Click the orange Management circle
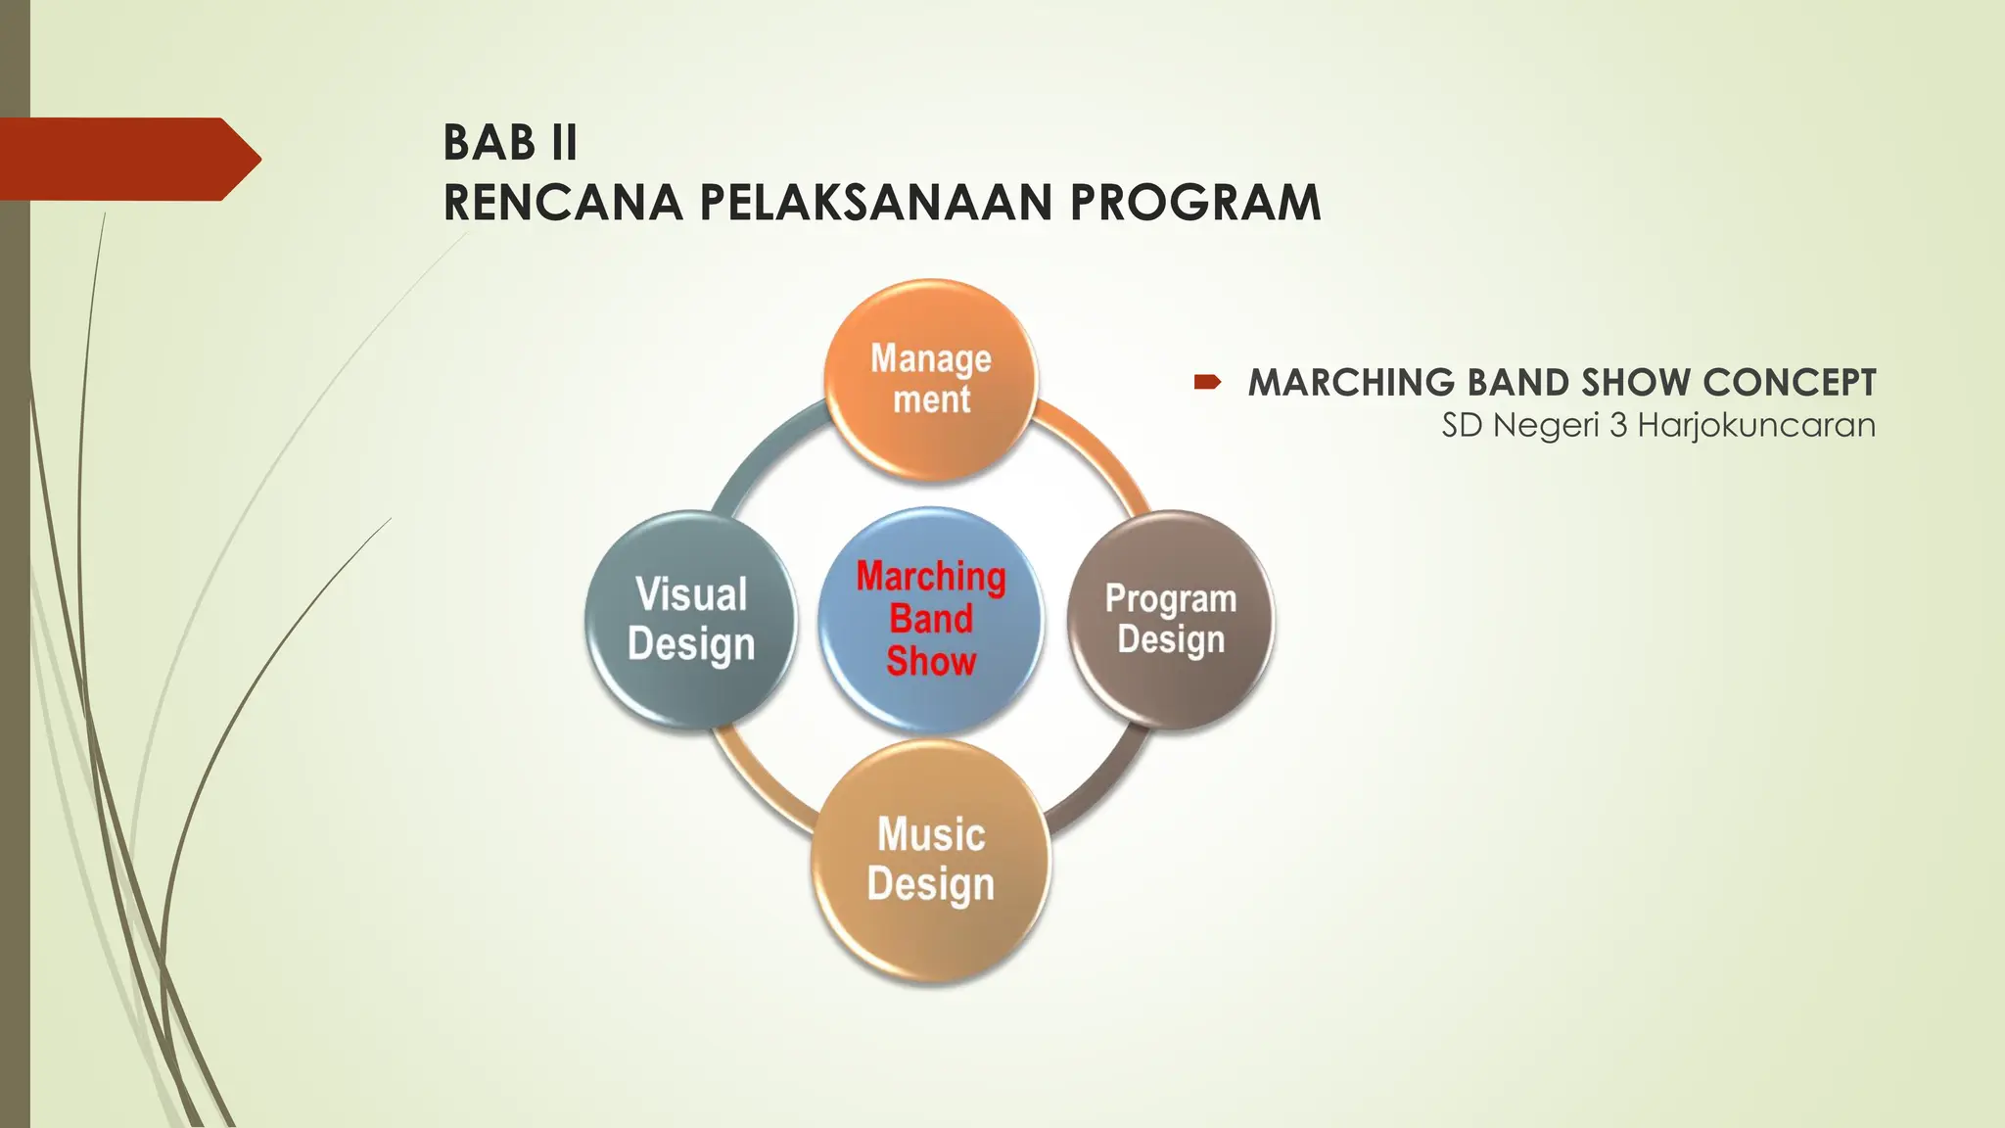point(931,380)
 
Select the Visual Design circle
point(691,619)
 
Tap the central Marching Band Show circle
point(931,620)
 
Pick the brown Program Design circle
point(1171,619)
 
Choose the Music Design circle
point(931,860)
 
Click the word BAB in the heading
point(489,143)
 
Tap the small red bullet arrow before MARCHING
point(1207,382)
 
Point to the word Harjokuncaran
point(1756,426)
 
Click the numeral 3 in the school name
point(1618,426)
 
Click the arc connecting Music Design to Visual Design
point(759,789)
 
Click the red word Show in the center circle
point(931,662)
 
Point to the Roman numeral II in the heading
point(564,143)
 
